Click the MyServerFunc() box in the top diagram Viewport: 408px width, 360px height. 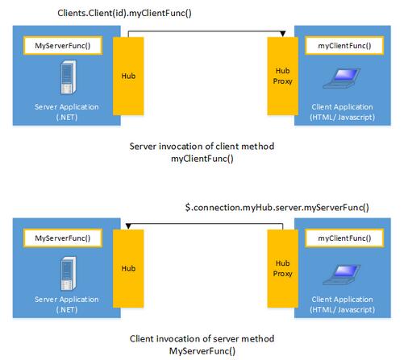tap(63, 46)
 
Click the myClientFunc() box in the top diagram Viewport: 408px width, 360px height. tap(344, 46)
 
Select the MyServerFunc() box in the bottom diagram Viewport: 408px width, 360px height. tap(63, 238)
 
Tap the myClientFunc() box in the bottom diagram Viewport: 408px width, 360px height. tap(344, 238)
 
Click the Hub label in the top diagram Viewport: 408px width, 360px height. tap(128, 76)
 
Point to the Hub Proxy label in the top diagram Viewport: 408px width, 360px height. tap(282, 76)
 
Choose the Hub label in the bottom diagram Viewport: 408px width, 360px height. tap(128, 268)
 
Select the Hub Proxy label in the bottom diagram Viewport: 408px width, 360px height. tap(282, 268)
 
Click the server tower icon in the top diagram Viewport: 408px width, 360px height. tap(69, 77)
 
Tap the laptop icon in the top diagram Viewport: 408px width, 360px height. tap(342, 78)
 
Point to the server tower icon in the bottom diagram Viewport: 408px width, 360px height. tap(69, 274)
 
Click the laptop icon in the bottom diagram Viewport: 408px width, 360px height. tap(342, 275)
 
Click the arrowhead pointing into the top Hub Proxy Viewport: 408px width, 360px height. tap(282, 34)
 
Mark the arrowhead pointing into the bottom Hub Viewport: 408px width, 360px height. tap(128, 226)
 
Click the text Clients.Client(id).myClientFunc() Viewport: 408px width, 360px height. tap(124, 13)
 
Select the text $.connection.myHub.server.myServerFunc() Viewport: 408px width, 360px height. tap(277, 208)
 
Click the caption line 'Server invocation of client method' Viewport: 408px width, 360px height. tap(202, 147)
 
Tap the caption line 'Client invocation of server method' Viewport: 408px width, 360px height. tap(202, 339)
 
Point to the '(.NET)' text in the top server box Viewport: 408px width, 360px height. tap(67, 118)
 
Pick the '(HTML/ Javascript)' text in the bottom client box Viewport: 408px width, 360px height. tap(342, 310)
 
